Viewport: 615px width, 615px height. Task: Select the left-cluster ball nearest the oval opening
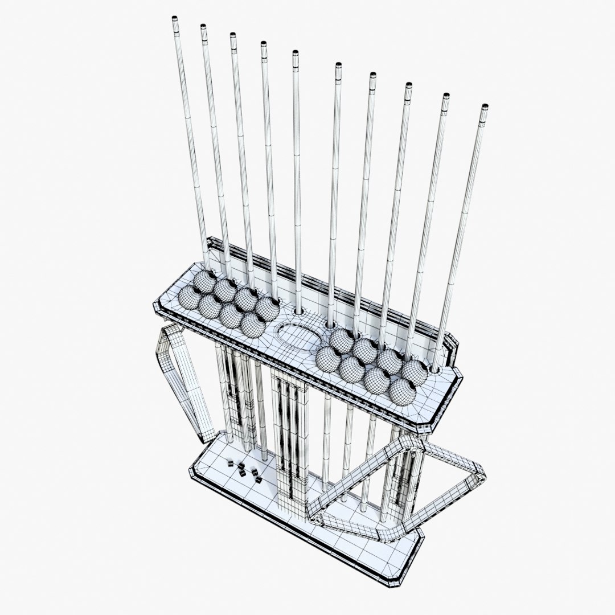252,325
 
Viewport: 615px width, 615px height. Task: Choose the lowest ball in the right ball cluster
402,392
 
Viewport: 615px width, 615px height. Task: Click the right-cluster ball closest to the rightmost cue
415,371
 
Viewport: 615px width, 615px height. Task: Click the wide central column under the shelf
290,444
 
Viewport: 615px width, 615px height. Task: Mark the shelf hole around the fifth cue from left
298,312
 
